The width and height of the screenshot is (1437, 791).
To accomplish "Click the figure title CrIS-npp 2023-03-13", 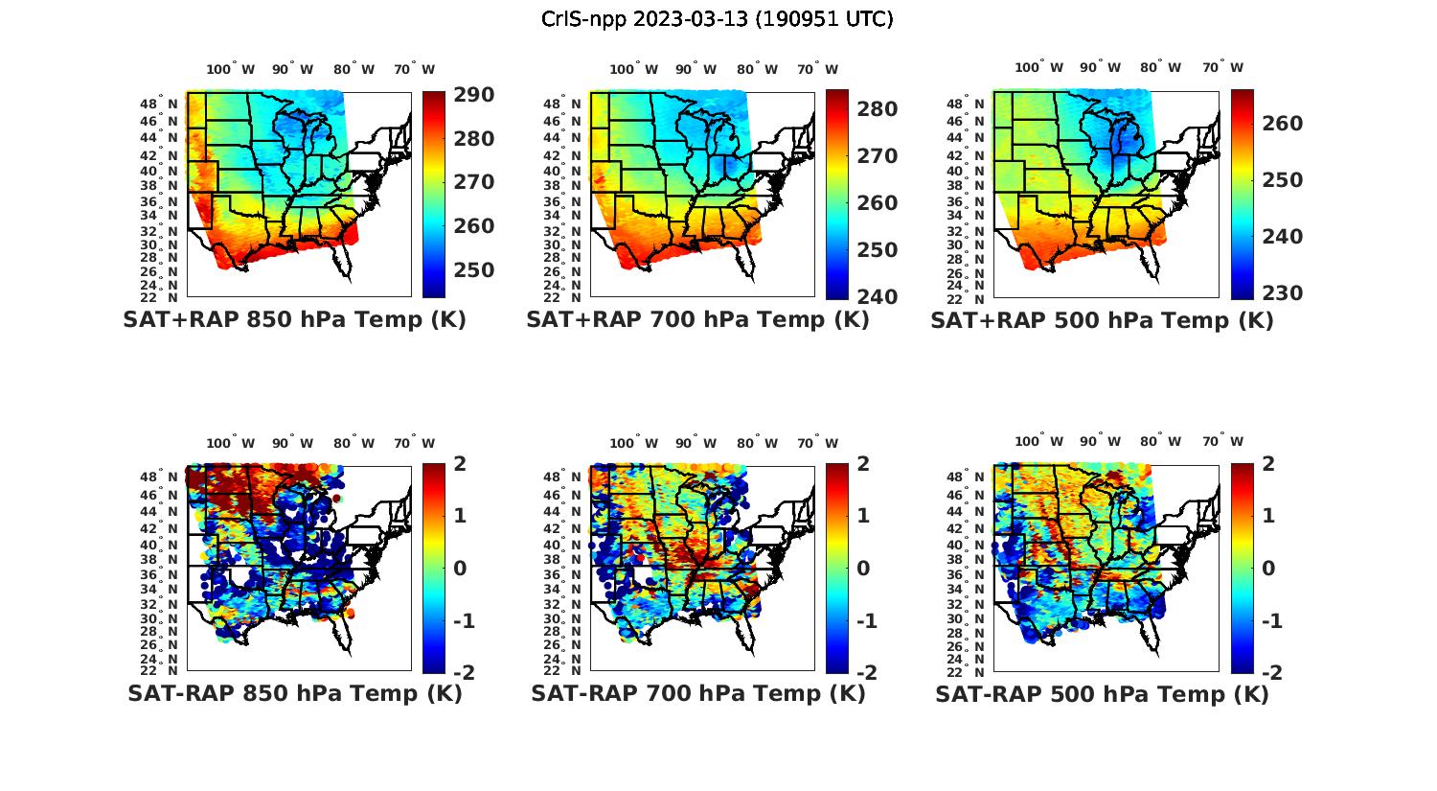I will (717, 19).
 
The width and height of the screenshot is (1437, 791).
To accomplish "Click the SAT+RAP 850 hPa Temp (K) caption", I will (294, 320).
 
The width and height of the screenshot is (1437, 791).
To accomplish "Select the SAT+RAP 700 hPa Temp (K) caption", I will (697, 320).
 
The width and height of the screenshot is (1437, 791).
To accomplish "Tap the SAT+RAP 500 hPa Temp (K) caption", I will (1102, 321).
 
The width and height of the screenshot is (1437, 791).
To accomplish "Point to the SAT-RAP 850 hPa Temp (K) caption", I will (294, 694).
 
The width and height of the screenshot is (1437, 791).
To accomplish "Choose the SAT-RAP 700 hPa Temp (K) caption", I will (697, 694).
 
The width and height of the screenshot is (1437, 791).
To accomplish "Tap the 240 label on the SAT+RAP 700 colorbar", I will (878, 297).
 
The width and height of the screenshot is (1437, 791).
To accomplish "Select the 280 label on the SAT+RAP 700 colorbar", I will (878, 109).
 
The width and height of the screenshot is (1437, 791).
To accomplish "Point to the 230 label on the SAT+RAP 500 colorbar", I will (1282, 293).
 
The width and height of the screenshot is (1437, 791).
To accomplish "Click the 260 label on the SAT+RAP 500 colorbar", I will (1282, 124).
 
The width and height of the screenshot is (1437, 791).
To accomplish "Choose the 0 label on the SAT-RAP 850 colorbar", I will (460, 569).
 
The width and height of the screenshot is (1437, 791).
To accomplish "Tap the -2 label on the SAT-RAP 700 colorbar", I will (859, 673).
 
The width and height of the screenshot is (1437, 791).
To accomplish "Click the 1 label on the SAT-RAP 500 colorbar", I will (1269, 516).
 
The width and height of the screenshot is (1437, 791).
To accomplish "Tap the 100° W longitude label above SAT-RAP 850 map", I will (231, 443).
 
